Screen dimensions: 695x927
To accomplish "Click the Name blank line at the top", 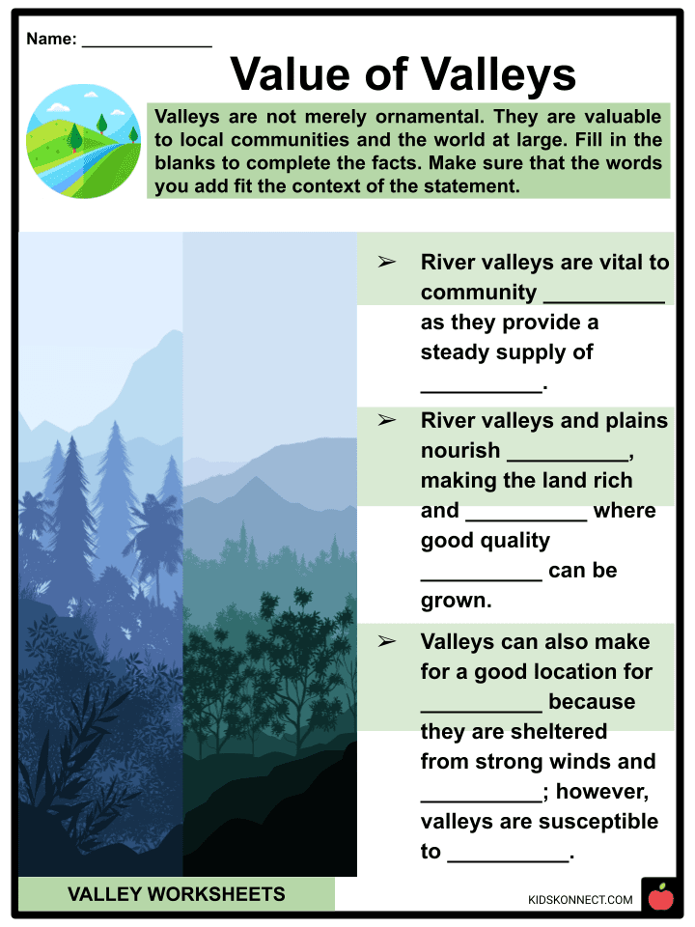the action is click(x=147, y=46).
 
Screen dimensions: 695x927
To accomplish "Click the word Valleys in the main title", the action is click(x=498, y=74).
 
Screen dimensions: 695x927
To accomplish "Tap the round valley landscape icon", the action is click(x=83, y=141).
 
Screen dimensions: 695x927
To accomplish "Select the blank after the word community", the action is click(x=604, y=302).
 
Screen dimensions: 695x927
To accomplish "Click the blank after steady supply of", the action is click(x=481, y=391).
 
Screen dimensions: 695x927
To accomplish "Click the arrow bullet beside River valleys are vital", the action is click(x=386, y=262).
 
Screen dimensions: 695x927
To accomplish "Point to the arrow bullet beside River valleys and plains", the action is click(x=386, y=420).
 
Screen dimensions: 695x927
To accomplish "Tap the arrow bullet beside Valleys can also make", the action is click(x=386, y=641).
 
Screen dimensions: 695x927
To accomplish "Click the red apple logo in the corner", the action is click(x=660, y=896).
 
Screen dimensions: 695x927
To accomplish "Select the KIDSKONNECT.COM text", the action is click(x=580, y=900).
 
